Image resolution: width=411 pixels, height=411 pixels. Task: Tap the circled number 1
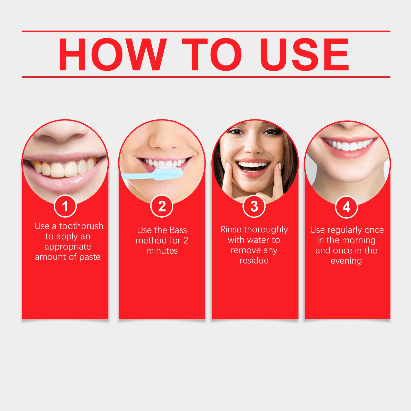[x=65, y=206]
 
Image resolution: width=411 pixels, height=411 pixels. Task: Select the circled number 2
[x=162, y=206]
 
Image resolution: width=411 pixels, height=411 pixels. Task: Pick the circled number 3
[x=254, y=206]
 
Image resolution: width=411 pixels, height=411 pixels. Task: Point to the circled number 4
[x=346, y=207]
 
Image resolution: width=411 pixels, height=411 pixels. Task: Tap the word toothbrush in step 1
[x=81, y=226]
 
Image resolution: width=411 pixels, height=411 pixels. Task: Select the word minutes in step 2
[x=162, y=251]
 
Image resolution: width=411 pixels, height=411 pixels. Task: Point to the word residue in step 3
[x=254, y=260]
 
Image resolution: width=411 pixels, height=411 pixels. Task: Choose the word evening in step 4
[x=346, y=261]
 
